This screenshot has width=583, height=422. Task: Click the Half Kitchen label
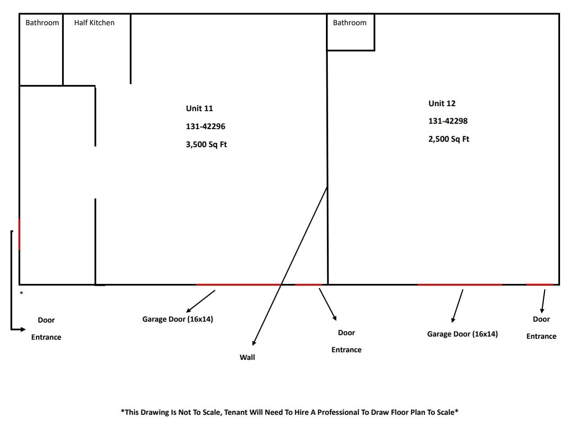[x=94, y=22]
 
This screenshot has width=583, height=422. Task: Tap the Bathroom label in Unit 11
[x=42, y=22]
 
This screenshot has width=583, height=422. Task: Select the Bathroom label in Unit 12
[x=349, y=22]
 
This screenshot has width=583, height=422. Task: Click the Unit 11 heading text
[x=199, y=108]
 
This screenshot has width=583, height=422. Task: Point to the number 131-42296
[x=205, y=126]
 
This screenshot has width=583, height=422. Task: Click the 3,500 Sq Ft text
[x=206, y=144]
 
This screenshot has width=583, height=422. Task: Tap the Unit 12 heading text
[x=442, y=103]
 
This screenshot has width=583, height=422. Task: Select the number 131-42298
[x=447, y=121]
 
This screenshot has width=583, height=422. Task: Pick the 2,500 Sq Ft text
[x=448, y=139]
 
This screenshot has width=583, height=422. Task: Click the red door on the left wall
[x=19, y=234]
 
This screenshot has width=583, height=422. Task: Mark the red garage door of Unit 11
[x=239, y=285]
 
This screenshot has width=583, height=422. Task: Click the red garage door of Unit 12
[x=460, y=285]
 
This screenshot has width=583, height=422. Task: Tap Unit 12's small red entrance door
[x=539, y=285]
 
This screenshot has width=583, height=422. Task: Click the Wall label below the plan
[x=247, y=357]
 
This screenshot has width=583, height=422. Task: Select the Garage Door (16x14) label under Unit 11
[x=177, y=319]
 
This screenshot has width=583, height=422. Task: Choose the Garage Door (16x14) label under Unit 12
[x=462, y=334]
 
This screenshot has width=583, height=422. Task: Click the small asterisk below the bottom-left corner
[x=21, y=293]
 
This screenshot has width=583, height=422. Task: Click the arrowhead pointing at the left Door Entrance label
[x=23, y=329]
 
